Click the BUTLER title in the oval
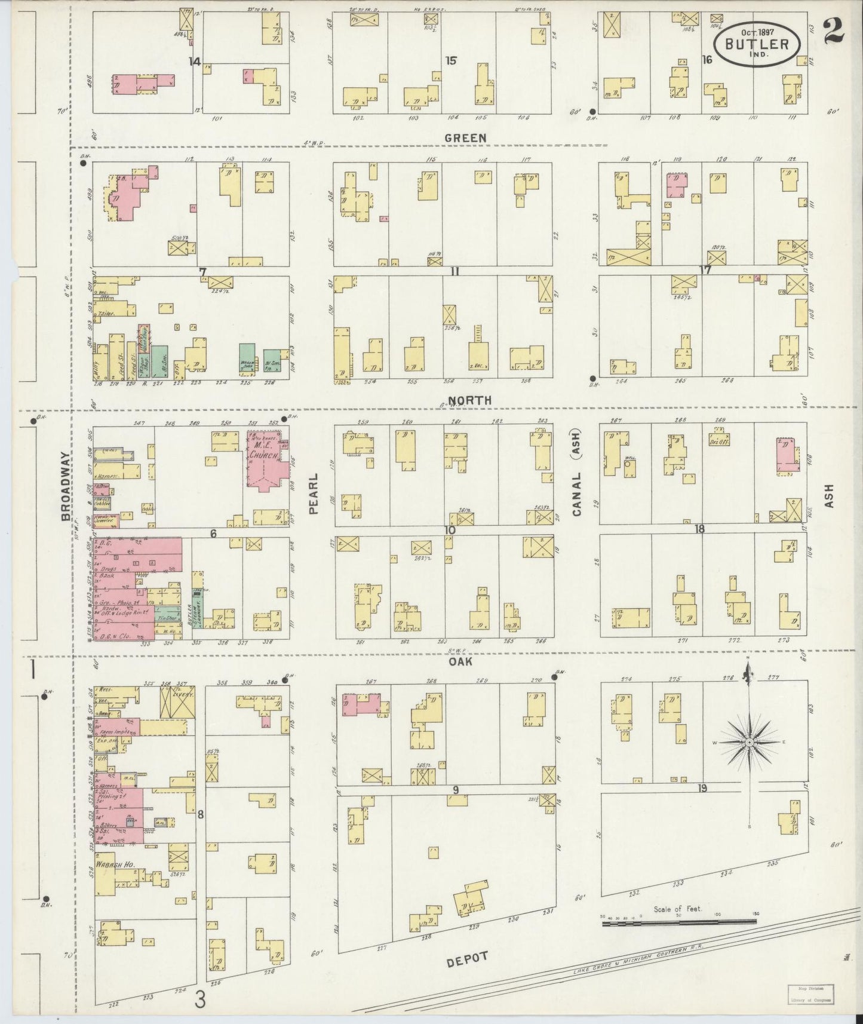tap(757, 44)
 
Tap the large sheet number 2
tap(833, 30)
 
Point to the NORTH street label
tap(470, 400)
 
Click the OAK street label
tap(460, 662)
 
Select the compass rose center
tap(748, 742)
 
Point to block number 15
tap(451, 60)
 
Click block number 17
tap(705, 270)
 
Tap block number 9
tap(455, 790)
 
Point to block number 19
tap(702, 788)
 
